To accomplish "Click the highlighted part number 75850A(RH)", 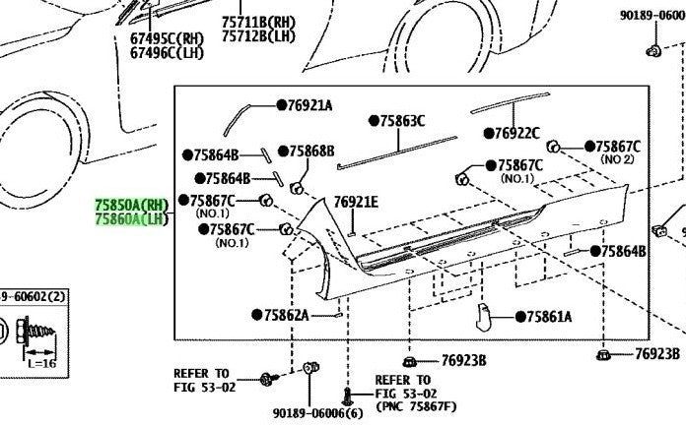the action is [x=132, y=205].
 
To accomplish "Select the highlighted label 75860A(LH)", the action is [x=132, y=218].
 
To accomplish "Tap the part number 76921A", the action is [x=310, y=105].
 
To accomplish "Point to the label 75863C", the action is [x=402, y=121].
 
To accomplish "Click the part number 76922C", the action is [x=516, y=133].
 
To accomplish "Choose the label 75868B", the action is [x=311, y=152].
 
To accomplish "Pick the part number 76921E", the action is [x=356, y=202].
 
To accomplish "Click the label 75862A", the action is [x=287, y=315].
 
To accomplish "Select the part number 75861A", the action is [x=550, y=317].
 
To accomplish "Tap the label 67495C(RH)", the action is [x=168, y=38].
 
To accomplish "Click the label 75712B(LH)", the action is [x=258, y=35].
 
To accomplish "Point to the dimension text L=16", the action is [x=42, y=363].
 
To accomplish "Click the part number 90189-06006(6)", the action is [x=318, y=412].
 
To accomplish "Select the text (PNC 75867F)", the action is [x=416, y=406].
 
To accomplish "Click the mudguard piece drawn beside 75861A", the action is [x=483, y=317].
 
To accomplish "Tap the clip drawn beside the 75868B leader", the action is [x=297, y=189].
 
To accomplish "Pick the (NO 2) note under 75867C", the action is [x=617, y=159].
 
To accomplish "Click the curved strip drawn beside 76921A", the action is [x=236, y=119].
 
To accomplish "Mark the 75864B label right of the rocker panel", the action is [x=624, y=251].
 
